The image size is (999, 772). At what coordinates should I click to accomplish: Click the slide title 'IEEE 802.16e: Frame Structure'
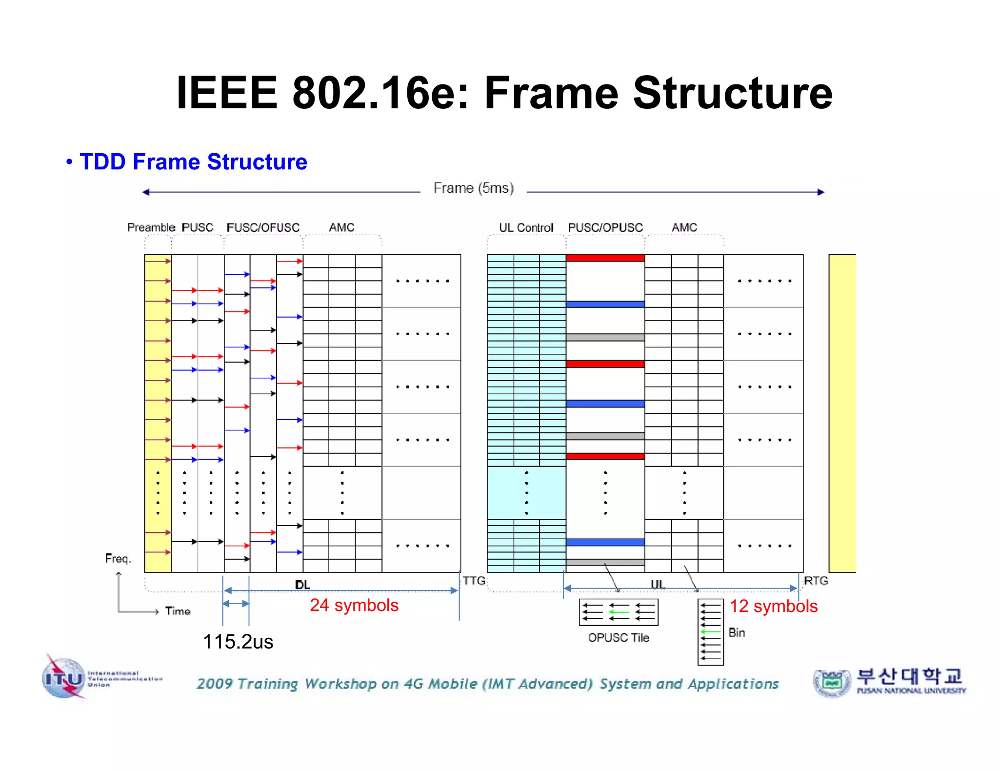coord(504,93)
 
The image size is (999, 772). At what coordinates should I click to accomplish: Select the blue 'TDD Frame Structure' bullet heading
coord(193,162)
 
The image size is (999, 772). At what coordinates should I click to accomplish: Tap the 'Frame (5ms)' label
coord(473,188)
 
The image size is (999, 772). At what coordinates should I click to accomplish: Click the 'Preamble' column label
coord(151,227)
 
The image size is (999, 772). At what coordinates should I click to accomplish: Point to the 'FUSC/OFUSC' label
coord(263,227)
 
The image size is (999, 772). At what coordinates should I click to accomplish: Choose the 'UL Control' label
coord(526,227)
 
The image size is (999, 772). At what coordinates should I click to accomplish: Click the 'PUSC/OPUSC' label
coord(605,227)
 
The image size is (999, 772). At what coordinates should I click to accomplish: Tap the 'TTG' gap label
coord(474,581)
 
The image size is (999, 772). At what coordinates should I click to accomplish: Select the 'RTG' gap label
coord(816,581)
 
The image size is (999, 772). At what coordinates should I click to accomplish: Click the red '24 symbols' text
coord(354,605)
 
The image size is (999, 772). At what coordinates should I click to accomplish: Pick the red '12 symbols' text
coord(773,606)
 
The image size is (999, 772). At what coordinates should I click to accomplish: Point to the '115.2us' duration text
coord(238,642)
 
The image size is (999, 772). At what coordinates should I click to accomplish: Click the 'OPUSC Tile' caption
coord(618,638)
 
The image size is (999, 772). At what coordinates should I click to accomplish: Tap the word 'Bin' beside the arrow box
coord(737,633)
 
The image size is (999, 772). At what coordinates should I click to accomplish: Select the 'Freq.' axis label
coord(118,559)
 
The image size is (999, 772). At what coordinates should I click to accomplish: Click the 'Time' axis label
coord(178,611)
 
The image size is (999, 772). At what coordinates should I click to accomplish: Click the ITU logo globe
coord(64,678)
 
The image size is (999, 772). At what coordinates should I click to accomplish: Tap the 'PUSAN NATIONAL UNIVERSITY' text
coord(911,691)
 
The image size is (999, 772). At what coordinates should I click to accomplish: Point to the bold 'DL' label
coord(302,585)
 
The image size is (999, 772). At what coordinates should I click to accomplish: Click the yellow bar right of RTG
coord(842,413)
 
